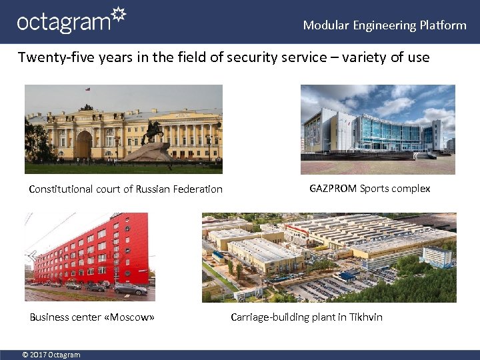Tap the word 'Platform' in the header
click(443, 25)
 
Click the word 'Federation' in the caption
click(197, 189)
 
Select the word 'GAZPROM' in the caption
click(333, 189)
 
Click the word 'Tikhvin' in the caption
click(366, 317)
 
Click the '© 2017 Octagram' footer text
click(51, 355)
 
